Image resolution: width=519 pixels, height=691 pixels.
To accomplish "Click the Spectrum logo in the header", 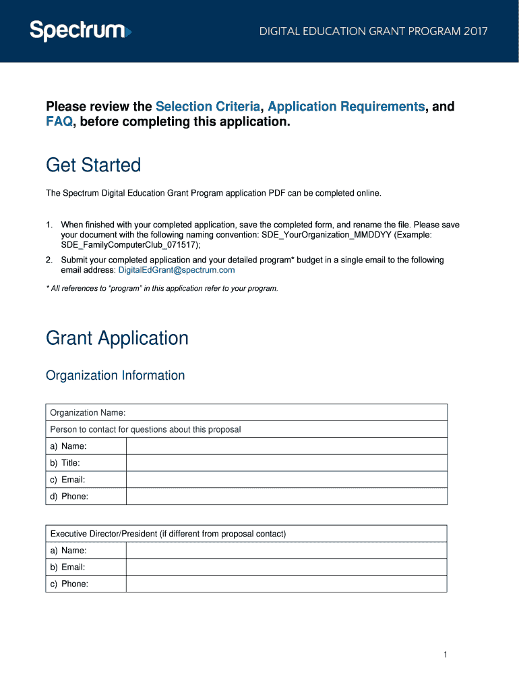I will [x=80, y=31].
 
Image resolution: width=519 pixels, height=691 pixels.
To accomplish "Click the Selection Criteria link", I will [x=208, y=107].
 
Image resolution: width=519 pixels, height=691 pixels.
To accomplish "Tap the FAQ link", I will [x=59, y=122].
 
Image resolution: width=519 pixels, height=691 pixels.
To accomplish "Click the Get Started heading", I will [x=93, y=165].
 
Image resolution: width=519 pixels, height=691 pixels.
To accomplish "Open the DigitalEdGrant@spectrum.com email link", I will [x=177, y=270].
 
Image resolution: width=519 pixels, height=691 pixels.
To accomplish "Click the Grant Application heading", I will [x=117, y=338].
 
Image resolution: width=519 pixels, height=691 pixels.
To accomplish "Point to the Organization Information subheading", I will [x=115, y=375].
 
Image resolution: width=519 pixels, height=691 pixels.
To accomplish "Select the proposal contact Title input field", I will [x=286, y=463].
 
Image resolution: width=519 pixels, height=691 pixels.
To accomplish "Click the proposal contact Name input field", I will [x=286, y=446].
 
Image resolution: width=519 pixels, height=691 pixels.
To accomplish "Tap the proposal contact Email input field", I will [x=286, y=480].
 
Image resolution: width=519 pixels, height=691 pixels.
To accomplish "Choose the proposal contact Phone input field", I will [x=286, y=497].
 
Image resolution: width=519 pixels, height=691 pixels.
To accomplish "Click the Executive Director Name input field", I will [x=286, y=551].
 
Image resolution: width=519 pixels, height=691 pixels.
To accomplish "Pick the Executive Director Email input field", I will [x=286, y=568].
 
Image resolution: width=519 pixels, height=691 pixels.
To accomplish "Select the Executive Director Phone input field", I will [x=286, y=584].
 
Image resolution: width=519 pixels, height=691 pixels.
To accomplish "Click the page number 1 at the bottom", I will [x=446, y=655].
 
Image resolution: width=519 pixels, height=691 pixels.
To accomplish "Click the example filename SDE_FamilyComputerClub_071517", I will [x=125, y=246].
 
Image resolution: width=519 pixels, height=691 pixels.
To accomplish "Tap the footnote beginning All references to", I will [x=162, y=288].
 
